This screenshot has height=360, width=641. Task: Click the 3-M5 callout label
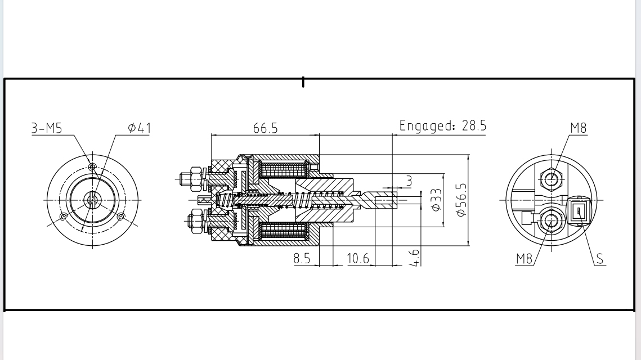tap(46, 128)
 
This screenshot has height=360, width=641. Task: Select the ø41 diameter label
tap(139, 128)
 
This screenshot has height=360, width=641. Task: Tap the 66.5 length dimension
tap(265, 128)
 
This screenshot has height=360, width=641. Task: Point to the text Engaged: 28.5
tap(442, 125)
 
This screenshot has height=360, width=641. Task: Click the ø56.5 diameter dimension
tap(461, 200)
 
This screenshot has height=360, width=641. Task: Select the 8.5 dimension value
tap(302, 259)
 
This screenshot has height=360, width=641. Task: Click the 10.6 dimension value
tap(358, 259)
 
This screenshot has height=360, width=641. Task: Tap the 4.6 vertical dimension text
tap(414, 257)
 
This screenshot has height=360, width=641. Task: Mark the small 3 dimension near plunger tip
tap(409, 181)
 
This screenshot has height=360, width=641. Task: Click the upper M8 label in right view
tap(579, 128)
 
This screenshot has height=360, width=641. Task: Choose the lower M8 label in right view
tap(525, 259)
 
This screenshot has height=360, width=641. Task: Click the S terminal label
tap(600, 259)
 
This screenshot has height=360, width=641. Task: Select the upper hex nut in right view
tap(551, 179)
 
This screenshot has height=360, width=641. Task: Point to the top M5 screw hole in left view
tap(92, 166)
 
